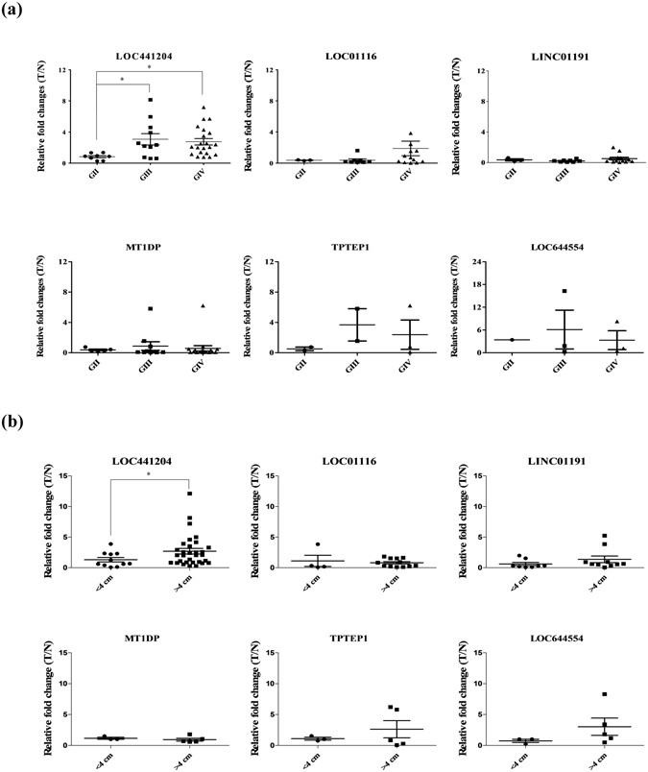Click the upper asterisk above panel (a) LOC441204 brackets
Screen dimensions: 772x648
[x=149, y=69]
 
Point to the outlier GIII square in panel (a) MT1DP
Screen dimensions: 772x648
[x=123, y=308]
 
